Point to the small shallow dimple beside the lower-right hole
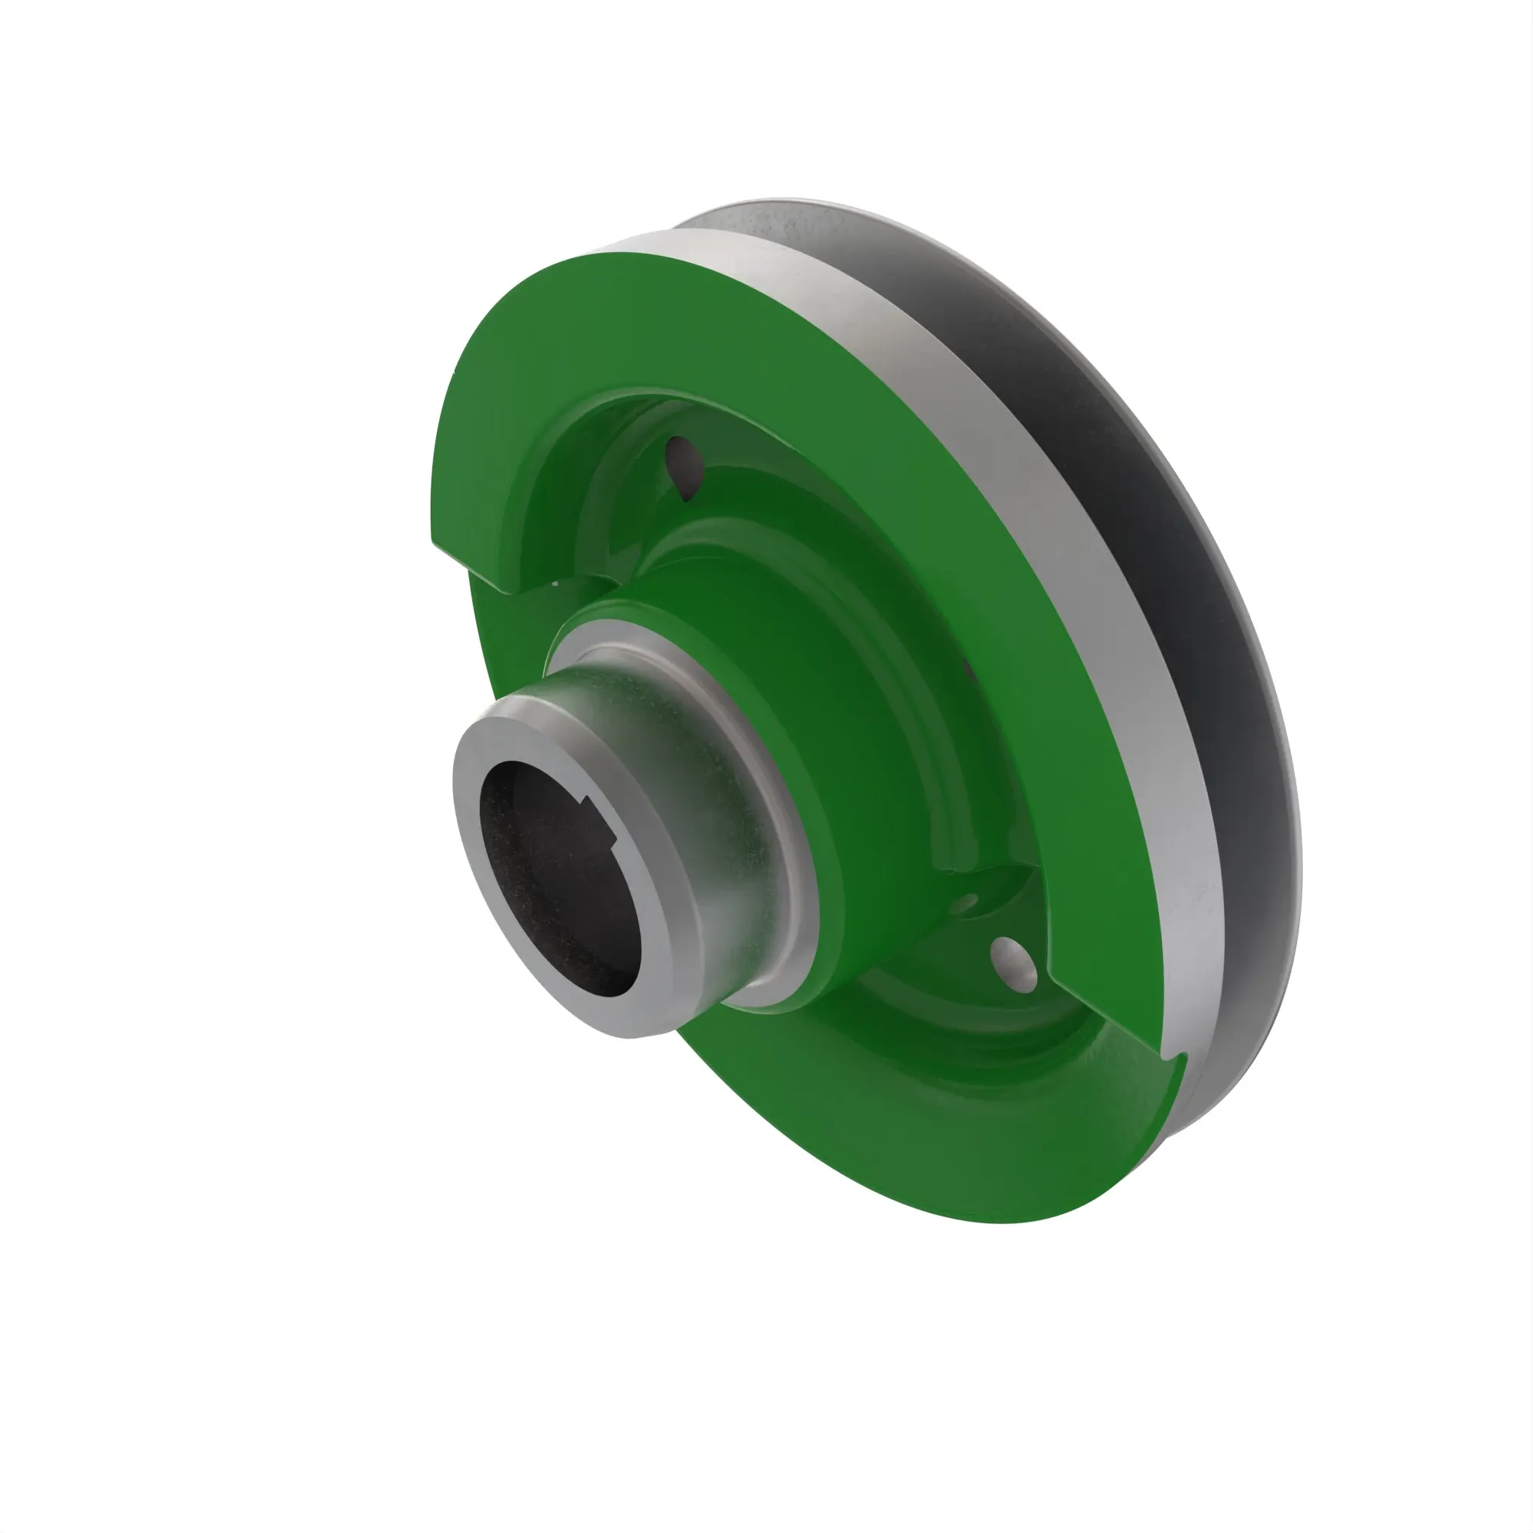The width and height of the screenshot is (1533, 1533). pyautogui.click(x=967, y=903)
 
